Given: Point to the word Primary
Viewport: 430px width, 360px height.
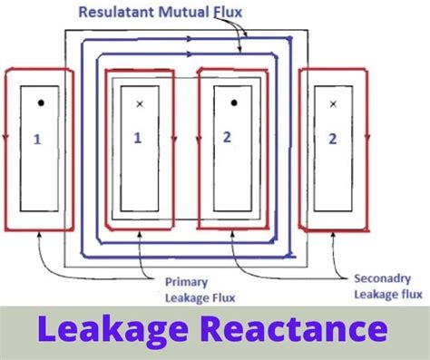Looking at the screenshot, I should pyautogui.click(x=185, y=281).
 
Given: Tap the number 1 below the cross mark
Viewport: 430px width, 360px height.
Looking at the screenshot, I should pyautogui.click(x=139, y=138).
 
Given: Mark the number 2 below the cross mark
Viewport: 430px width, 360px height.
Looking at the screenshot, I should pyautogui.click(x=332, y=139).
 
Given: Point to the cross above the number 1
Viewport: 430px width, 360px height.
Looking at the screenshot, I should pyautogui.click(x=139, y=104).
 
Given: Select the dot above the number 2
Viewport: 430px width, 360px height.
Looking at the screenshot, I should pyautogui.click(x=233, y=102).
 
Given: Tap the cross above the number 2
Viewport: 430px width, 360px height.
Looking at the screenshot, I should pyautogui.click(x=333, y=104).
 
